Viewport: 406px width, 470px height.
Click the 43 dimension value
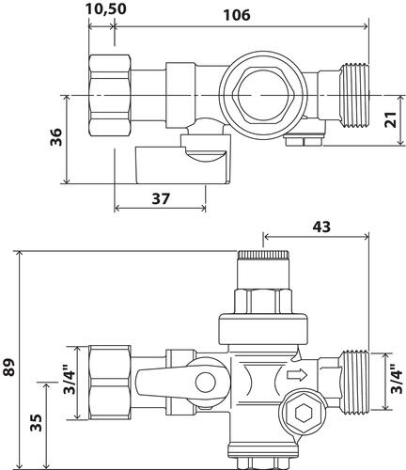point(320,227)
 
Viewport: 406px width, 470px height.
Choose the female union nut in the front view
point(109,381)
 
